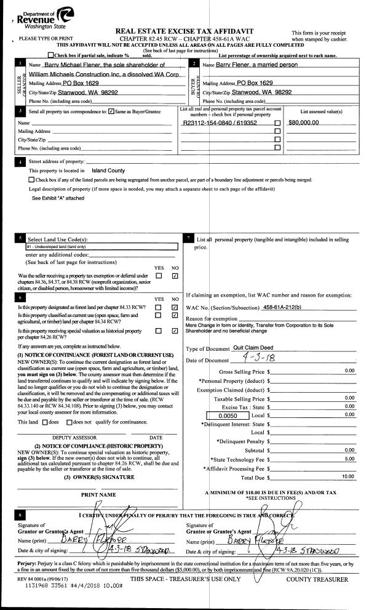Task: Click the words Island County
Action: pos(108,171)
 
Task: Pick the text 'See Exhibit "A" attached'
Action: pos(58,198)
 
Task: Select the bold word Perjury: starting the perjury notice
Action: pos(28,564)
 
